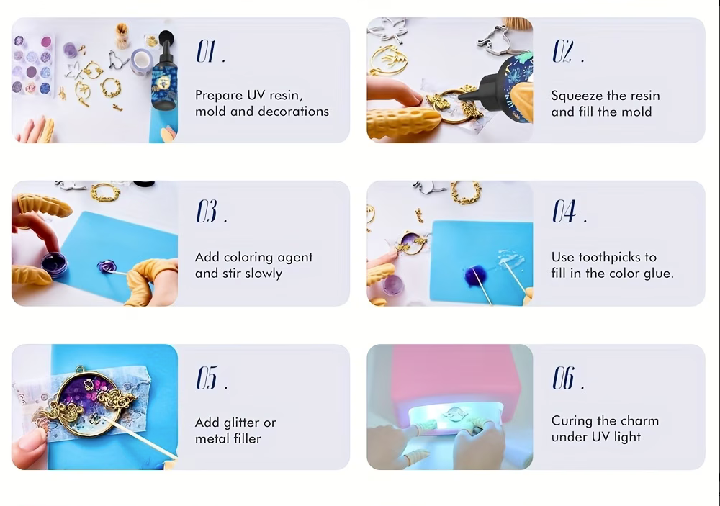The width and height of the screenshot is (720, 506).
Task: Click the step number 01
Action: point(206,51)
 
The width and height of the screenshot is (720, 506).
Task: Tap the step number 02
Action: point(562,51)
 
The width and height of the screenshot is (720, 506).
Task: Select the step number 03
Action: point(207,211)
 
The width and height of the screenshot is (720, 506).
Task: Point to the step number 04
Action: point(564,211)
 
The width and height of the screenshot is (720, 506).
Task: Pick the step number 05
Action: point(207,378)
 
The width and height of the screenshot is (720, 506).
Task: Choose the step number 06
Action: point(563,378)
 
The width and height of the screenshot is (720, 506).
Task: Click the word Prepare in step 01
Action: point(219,96)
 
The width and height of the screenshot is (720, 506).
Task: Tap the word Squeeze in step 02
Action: point(577,96)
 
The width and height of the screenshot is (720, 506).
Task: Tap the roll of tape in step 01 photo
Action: point(141,63)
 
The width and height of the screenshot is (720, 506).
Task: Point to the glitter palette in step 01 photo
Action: point(33,65)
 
